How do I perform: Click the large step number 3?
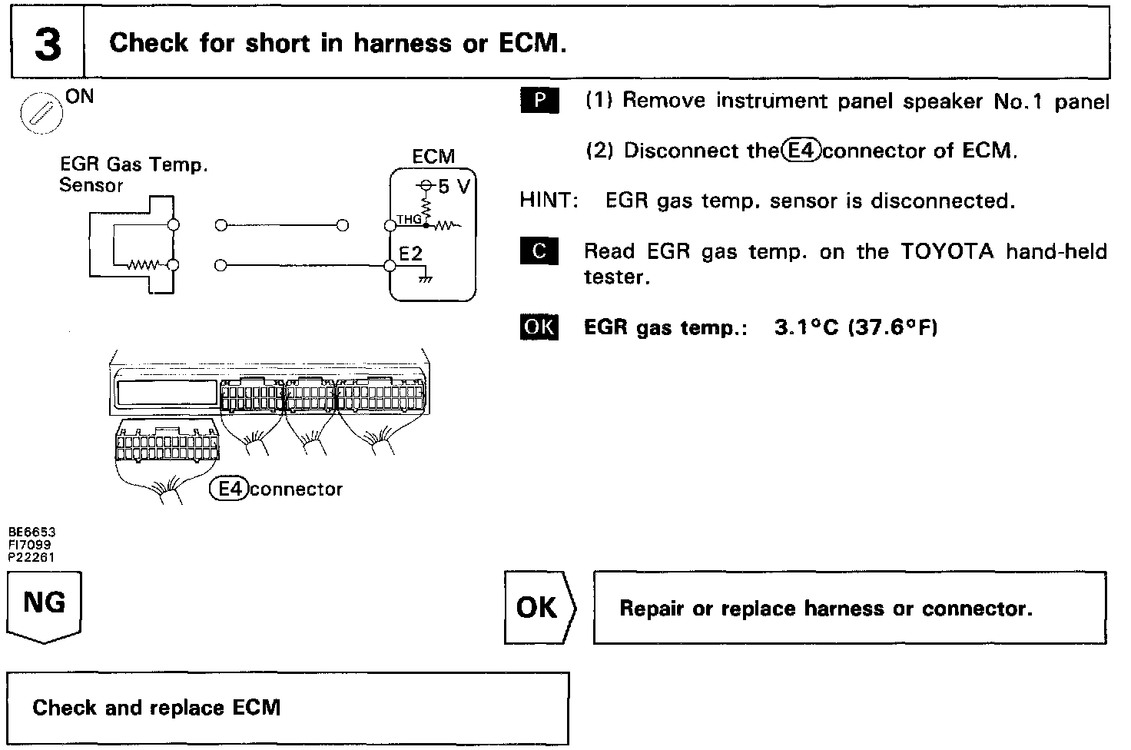pos(47,44)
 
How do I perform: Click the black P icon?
pos(539,101)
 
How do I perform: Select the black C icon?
pos(539,251)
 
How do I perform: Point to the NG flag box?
pos(45,607)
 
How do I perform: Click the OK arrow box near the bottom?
pos(539,608)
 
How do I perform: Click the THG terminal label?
pos(409,220)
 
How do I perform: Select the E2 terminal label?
pos(411,254)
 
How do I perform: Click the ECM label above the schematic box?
pos(433,157)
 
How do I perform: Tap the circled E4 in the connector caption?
pos(229,489)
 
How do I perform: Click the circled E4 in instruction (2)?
pos(801,151)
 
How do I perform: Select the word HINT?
pos(547,201)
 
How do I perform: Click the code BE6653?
pos(32,531)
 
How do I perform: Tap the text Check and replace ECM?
pos(156,707)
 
